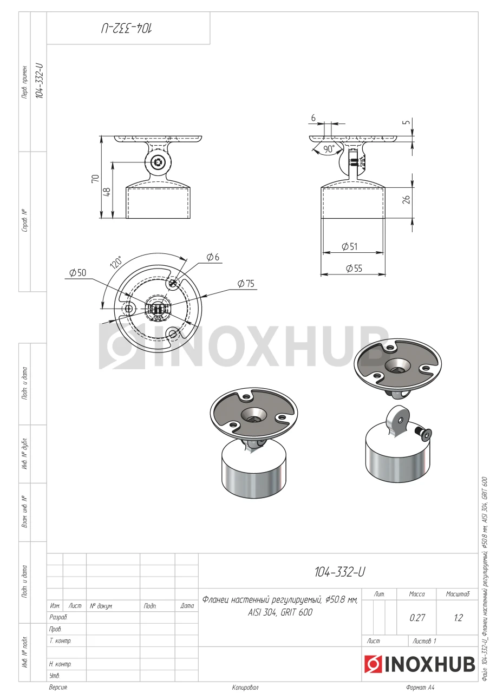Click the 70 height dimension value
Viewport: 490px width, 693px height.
click(95, 179)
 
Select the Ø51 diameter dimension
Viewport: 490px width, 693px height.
click(350, 246)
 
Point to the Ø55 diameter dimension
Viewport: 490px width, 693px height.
click(354, 268)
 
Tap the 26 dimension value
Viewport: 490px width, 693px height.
click(406, 199)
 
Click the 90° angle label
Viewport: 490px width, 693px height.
click(329, 149)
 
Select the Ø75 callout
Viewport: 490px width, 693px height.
click(246, 283)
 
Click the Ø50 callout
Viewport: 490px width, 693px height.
click(77, 272)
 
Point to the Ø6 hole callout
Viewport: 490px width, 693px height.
click(213, 257)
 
